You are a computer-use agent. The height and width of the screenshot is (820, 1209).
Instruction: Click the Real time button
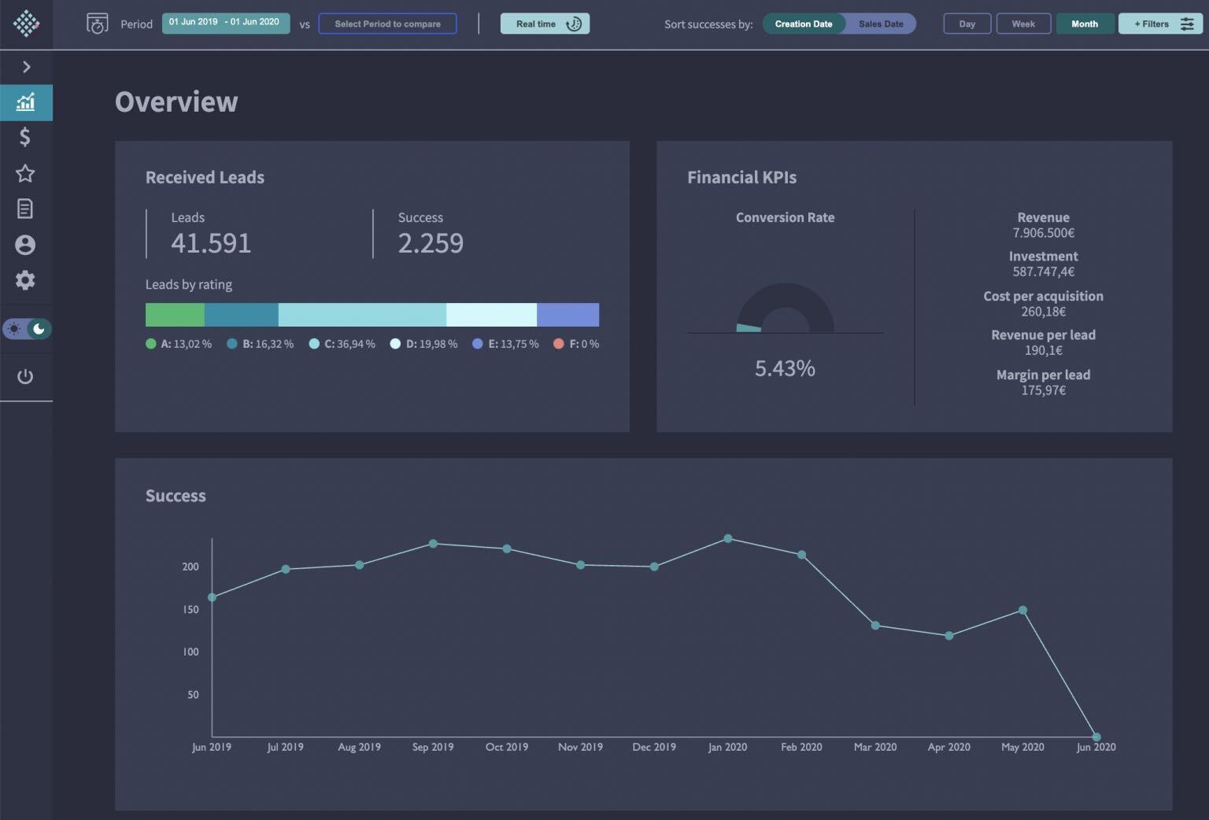click(545, 24)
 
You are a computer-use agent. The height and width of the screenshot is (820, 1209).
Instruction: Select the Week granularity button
click(1023, 24)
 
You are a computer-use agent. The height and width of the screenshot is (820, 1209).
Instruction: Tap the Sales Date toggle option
click(881, 24)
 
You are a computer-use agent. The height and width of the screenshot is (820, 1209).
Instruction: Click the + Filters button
click(1160, 24)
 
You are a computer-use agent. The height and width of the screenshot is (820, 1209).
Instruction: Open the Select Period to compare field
click(387, 24)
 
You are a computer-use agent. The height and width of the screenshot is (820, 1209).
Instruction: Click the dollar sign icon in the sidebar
click(25, 137)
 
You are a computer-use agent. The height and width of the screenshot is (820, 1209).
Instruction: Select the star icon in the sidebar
click(25, 173)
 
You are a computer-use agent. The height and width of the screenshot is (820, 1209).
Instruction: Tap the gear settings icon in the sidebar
click(25, 280)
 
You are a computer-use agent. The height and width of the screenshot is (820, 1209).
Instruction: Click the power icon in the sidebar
click(25, 376)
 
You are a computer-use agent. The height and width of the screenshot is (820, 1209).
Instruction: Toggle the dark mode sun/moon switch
click(27, 329)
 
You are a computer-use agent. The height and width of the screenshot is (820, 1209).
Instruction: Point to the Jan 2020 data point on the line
click(728, 539)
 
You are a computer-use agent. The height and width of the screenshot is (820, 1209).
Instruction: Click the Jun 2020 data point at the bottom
click(1096, 737)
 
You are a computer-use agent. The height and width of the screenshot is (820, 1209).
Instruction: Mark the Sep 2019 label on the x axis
click(433, 747)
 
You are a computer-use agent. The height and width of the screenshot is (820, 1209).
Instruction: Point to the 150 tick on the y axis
click(190, 609)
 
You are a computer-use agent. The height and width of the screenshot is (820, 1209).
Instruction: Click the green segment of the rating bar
click(175, 315)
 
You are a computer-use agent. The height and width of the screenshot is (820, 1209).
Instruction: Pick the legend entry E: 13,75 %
click(506, 344)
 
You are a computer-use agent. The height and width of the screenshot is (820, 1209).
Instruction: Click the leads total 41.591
click(211, 243)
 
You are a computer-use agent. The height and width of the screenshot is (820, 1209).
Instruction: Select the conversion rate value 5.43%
click(785, 368)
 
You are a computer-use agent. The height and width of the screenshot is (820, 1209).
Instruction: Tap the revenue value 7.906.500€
click(1043, 233)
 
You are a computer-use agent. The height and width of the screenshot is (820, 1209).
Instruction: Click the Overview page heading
click(176, 102)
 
